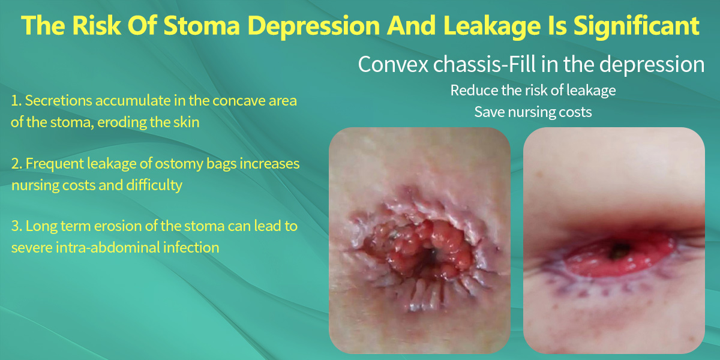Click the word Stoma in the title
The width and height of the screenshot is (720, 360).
pyautogui.click(x=202, y=25)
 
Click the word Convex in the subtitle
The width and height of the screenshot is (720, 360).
pyautogui.click(x=393, y=64)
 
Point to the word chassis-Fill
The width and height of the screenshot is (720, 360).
pyautogui.click(x=484, y=64)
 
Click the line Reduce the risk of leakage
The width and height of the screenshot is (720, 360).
pyautogui.click(x=533, y=91)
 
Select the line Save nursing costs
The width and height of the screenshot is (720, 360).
pyautogui.click(x=533, y=112)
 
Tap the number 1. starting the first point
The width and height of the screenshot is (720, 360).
pyautogui.click(x=16, y=101)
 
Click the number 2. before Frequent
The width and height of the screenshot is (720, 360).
pyautogui.click(x=16, y=164)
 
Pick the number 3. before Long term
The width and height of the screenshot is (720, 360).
pyautogui.click(x=16, y=226)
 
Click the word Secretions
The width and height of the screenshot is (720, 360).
pyautogui.click(x=59, y=101)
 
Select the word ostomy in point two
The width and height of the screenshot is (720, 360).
pyautogui.click(x=179, y=164)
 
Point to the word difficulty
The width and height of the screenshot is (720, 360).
pyautogui.click(x=154, y=185)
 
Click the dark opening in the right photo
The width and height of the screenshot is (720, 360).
pyautogui.click(x=619, y=250)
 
